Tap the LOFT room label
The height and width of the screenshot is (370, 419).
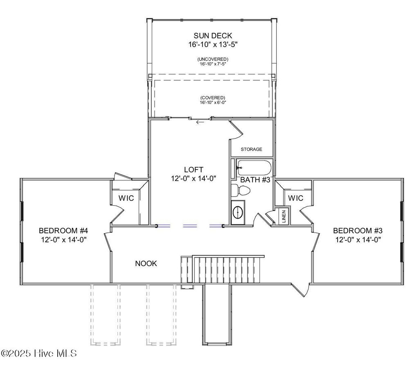pyautogui.click(x=194, y=169)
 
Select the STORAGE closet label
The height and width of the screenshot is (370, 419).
pyautogui.click(x=251, y=149)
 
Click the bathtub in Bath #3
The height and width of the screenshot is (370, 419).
pyautogui.click(x=254, y=167)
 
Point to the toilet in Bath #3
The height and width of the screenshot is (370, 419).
pyautogui.click(x=241, y=191)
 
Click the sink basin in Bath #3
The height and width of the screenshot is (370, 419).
pyautogui.click(x=238, y=212)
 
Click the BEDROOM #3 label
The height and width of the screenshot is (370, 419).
pyautogui.click(x=357, y=230)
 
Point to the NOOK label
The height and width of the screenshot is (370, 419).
pyautogui.click(x=146, y=264)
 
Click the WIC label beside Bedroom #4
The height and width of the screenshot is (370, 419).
pyautogui.click(x=126, y=198)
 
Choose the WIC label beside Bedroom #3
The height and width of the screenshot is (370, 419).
pyautogui.click(x=295, y=198)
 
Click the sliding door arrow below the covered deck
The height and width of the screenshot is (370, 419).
pyautogui.click(x=200, y=122)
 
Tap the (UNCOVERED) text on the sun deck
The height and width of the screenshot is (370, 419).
pyautogui.click(x=212, y=59)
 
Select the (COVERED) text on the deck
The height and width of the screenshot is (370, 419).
pyautogui.click(x=213, y=97)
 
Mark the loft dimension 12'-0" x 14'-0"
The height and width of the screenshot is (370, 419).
pyautogui.click(x=194, y=178)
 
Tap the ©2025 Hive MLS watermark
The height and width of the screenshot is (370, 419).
pyautogui.click(x=39, y=353)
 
